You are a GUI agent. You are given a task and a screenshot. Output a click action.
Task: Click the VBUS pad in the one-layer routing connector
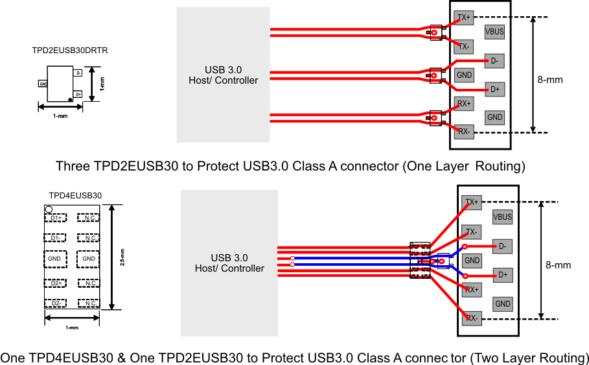[494, 32]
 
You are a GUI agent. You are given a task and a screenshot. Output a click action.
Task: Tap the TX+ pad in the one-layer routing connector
[463, 18]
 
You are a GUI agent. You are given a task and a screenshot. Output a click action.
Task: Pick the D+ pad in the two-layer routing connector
[503, 275]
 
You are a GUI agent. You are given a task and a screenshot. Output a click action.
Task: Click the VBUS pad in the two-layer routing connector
[502, 217]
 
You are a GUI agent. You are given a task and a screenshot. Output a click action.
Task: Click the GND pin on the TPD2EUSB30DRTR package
[43, 84]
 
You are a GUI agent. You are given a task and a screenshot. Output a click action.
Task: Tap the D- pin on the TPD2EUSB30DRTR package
[78, 73]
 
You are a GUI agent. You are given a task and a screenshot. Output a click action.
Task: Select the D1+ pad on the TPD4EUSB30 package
[56, 218]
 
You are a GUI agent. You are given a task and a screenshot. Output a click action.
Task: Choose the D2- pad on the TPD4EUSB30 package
[56, 303]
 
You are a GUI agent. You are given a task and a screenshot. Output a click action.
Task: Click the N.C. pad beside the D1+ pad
[89, 218]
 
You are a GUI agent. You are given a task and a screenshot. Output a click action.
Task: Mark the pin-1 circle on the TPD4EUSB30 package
[49, 209]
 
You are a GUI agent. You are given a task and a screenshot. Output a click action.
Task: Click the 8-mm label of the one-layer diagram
[550, 80]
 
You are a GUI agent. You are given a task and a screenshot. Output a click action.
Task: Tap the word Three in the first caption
[71, 166]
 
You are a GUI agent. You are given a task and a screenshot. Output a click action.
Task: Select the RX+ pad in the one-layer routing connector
[464, 103]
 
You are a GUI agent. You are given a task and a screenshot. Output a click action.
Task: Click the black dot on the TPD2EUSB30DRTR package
[70, 99]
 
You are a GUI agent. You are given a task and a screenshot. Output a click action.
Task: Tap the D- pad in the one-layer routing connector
[494, 61]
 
